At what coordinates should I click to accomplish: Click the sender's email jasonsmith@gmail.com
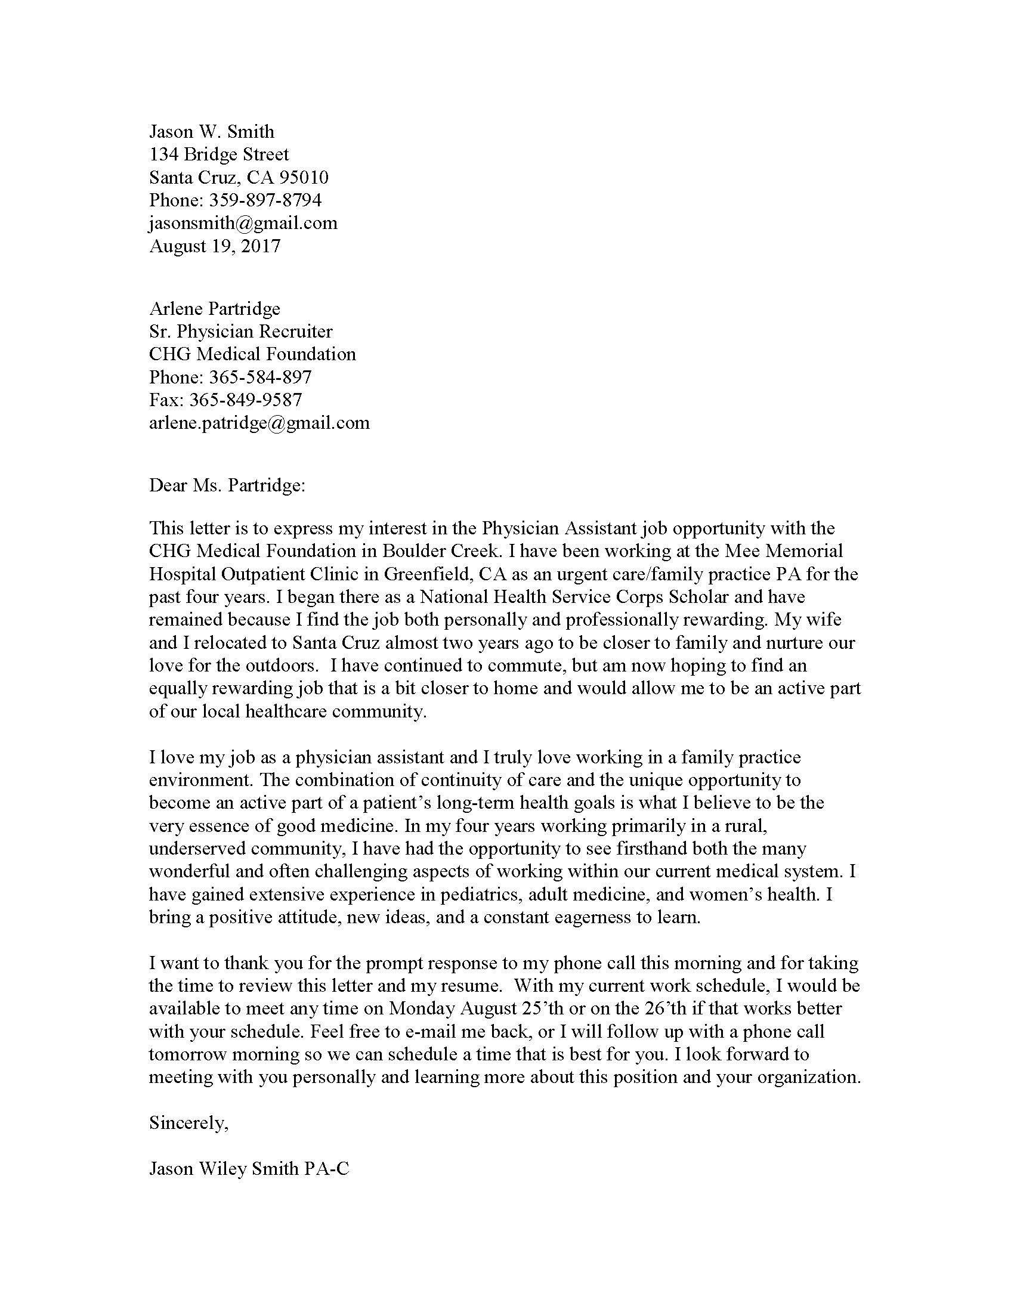coord(243,223)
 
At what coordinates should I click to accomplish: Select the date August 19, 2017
coord(215,246)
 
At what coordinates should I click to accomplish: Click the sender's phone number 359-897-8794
coord(265,200)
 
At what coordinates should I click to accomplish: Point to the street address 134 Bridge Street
coord(219,154)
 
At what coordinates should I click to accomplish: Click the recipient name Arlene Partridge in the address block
coord(215,308)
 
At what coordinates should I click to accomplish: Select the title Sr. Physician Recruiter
coord(240,331)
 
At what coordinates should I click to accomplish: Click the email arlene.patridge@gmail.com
coord(259,422)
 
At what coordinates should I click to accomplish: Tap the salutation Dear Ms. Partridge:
coord(227,485)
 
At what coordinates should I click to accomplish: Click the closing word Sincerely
coord(188,1123)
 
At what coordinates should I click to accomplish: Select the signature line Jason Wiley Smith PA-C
coord(249,1168)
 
